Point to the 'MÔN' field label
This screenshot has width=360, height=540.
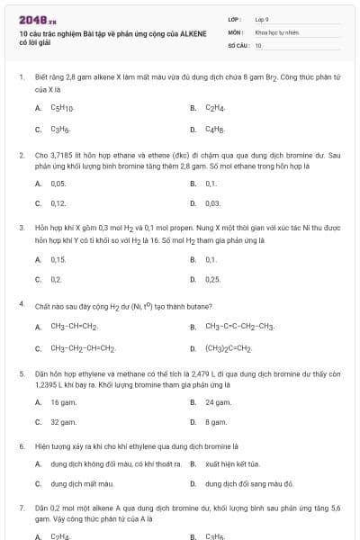pyautogui.click(x=235, y=31)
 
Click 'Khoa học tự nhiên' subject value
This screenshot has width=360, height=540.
pyautogui.click(x=274, y=31)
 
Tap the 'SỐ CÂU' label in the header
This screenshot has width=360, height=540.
pyautogui.click(x=237, y=44)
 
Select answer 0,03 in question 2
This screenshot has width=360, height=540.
pyautogui.click(x=213, y=203)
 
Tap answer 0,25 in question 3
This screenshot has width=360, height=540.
pyautogui.click(x=213, y=279)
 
